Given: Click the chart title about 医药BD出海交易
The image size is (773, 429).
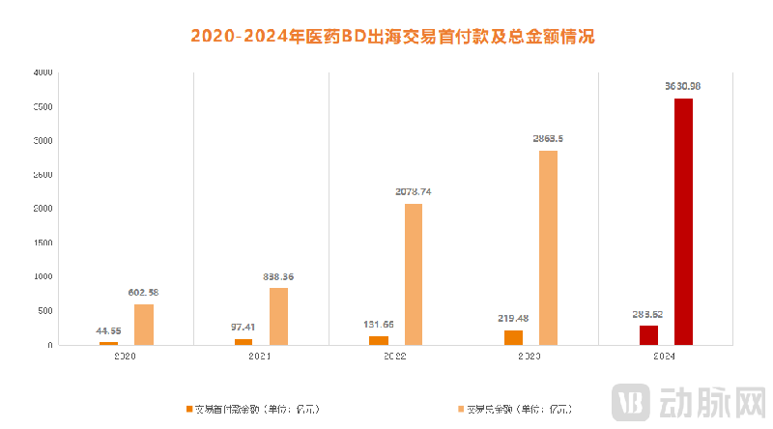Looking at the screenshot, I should pos(392,37).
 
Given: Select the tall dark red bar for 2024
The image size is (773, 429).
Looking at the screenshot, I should pos(683,221).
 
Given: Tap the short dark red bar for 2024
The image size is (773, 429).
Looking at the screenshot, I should pos(648,334).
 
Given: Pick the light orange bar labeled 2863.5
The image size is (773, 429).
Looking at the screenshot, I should pos(548,247).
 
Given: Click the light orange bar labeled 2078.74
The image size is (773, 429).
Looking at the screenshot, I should pos(414,273).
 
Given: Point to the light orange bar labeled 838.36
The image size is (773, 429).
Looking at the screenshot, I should pos(278,316).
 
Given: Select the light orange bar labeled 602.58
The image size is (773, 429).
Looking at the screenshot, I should pos(144,325).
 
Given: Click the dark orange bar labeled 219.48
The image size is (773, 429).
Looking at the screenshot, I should pos(513,337).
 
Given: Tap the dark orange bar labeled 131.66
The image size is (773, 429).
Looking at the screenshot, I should pos(379,340).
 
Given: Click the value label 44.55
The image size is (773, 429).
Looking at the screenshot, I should pos(108,330).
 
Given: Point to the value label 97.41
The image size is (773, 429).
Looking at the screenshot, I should pos(243,328).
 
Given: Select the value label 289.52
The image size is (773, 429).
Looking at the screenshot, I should pos(647,314).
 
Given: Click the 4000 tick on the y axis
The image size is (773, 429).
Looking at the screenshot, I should pos(43,72).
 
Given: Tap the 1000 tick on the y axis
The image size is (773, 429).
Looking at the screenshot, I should pos(43,277).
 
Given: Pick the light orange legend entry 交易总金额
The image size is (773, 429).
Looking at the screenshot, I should pos(522,409).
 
